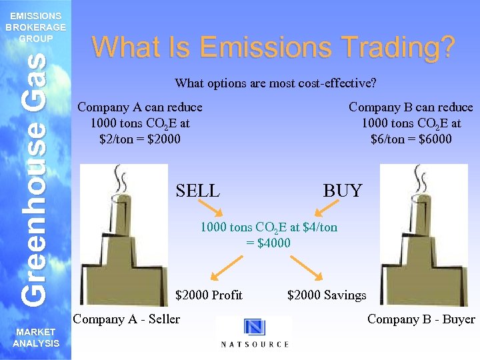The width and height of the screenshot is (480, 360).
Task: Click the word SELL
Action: click(x=197, y=191)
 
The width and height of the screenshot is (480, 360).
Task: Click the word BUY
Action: click(x=343, y=191)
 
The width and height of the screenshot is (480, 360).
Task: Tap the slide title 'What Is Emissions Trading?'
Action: click(x=273, y=47)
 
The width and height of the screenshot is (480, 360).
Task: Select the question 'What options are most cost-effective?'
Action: click(x=275, y=83)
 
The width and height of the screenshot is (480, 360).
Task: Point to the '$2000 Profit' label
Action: click(x=209, y=295)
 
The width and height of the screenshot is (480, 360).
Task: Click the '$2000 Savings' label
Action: click(x=327, y=295)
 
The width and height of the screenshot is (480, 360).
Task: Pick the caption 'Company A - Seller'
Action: click(x=127, y=319)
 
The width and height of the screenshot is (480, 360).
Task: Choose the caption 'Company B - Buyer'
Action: click(x=421, y=319)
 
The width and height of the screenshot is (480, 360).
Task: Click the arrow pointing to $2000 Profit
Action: click(x=223, y=269)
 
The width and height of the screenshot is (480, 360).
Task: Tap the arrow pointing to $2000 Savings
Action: click(x=309, y=269)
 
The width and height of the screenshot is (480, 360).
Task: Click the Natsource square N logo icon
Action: click(x=255, y=327)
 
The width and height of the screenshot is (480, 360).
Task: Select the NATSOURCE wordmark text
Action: click(x=255, y=344)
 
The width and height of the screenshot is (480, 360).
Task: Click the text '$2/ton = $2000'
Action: click(x=140, y=139)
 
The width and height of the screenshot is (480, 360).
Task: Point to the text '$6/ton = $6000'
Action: click(x=411, y=139)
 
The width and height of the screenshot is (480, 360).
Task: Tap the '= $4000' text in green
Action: click(x=269, y=243)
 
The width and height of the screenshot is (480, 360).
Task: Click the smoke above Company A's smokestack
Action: click(x=121, y=178)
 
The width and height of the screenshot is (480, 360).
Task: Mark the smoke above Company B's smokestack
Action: click(x=420, y=178)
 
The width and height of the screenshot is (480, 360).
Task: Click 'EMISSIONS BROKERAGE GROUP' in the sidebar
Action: click(x=35, y=27)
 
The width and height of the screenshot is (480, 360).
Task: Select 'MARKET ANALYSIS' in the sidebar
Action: click(x=35, y=337)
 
